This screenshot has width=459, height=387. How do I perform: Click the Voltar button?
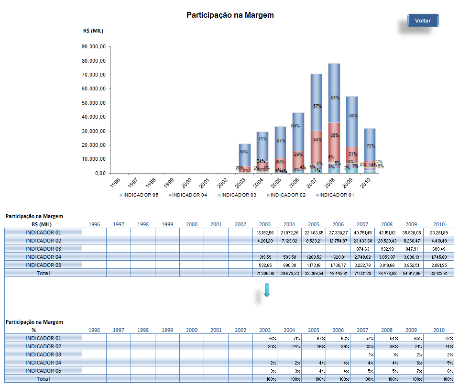423,21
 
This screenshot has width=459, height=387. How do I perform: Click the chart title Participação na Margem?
230,15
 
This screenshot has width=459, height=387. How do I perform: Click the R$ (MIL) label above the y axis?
93,31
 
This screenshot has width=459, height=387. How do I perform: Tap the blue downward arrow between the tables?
267,290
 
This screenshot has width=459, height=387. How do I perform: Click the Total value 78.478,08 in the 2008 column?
386,273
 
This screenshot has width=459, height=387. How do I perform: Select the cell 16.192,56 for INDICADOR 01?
264,232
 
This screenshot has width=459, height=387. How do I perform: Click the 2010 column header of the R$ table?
438,224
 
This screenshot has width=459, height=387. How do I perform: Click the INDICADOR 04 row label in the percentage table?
43,363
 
